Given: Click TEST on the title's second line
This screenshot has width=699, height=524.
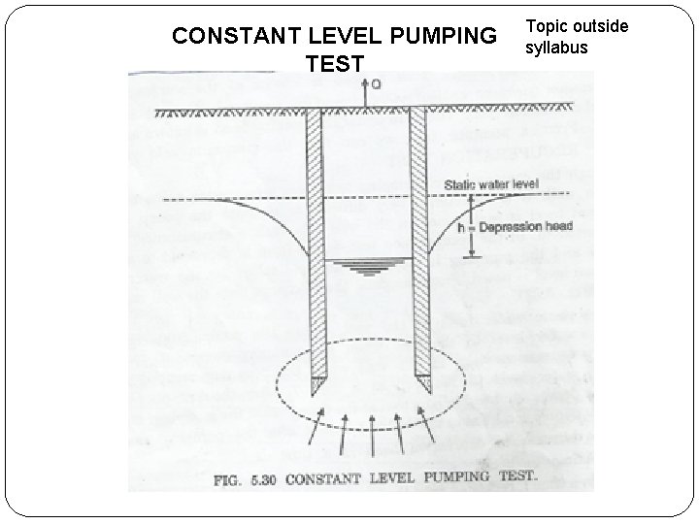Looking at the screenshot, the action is tap(334, 65).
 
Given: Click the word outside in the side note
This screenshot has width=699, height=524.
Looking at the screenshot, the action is tap(601, 25).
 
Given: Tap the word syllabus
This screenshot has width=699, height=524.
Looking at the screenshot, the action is tap(556, 47).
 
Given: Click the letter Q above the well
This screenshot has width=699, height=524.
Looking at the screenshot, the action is tap(376, 83).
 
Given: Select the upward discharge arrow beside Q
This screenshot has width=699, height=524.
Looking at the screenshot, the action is tap(364, 93).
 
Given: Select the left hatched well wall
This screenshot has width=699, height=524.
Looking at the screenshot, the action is tap(314, 243).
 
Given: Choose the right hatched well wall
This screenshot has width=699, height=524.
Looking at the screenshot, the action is tap(418, 243).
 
